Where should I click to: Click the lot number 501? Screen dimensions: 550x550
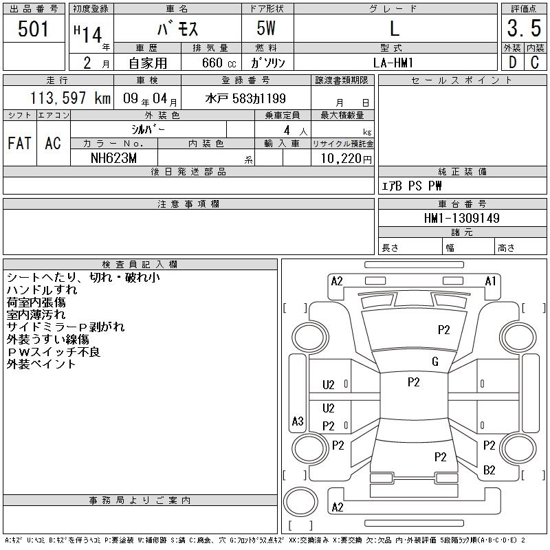pos(34,29)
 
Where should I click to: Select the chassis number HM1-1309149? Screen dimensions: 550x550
pos(462,218)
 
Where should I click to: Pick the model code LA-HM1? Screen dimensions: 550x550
pos(394,62)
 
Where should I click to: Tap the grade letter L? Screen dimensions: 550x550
pos(394,29)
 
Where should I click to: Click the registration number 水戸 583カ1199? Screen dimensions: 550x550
pos(245,98)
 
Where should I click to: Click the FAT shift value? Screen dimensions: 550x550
pos(20,143)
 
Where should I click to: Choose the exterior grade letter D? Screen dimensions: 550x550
pos(511,62)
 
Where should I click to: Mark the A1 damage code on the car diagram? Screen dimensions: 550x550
pos(490,280)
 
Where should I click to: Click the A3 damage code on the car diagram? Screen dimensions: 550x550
pos(298,421)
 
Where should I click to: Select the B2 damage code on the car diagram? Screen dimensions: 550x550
pos(489,470)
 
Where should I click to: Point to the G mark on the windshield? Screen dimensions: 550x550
pos(434,362)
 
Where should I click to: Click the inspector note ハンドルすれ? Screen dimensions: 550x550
pos(42,290)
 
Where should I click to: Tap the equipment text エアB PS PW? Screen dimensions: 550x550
pos(412,186)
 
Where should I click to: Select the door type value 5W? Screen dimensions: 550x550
pos(267,29)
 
